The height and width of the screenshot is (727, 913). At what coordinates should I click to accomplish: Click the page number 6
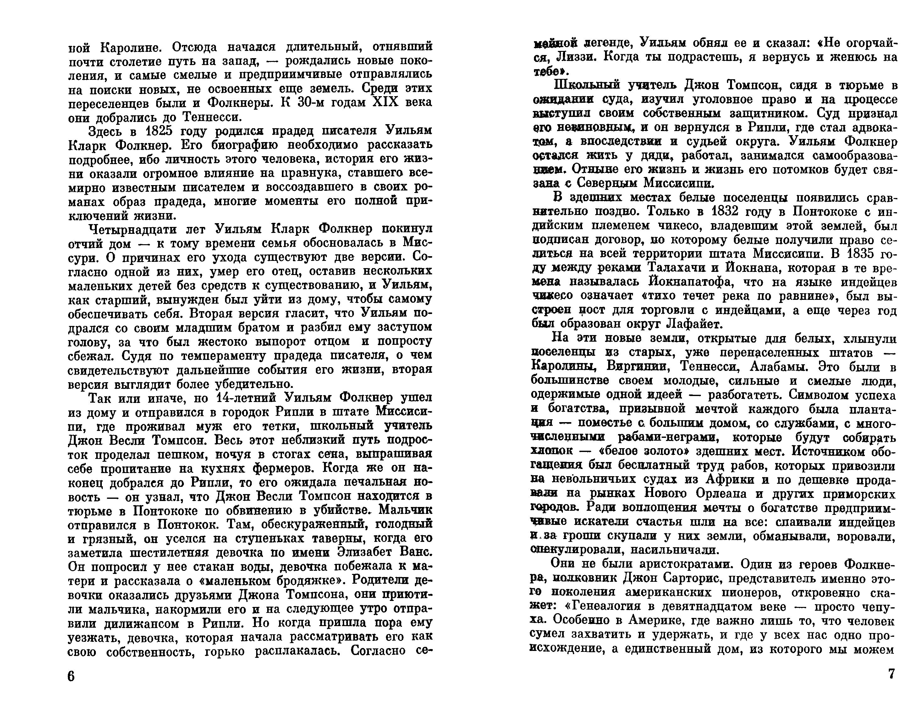pos(71,676)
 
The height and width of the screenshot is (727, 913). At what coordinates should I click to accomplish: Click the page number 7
pos(891,674)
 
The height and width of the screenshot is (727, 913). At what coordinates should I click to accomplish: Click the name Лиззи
pos(576,57)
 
